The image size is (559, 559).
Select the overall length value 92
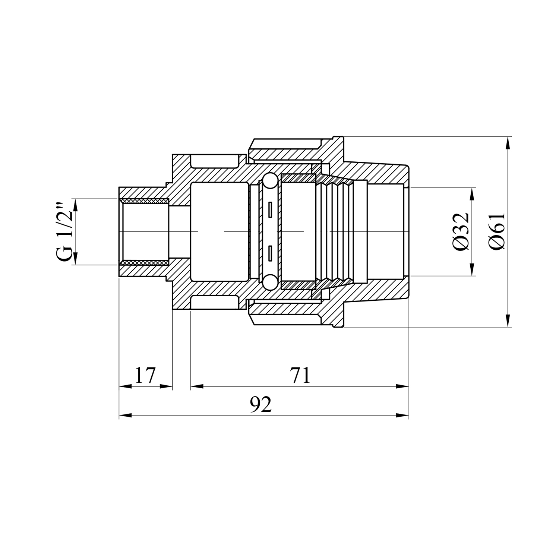pyautogui.click(x=261, y=404)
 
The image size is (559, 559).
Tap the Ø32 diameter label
pyautogui.click(x=461, y=231)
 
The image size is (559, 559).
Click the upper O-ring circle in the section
pyautogui.click(x=269, y=181)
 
